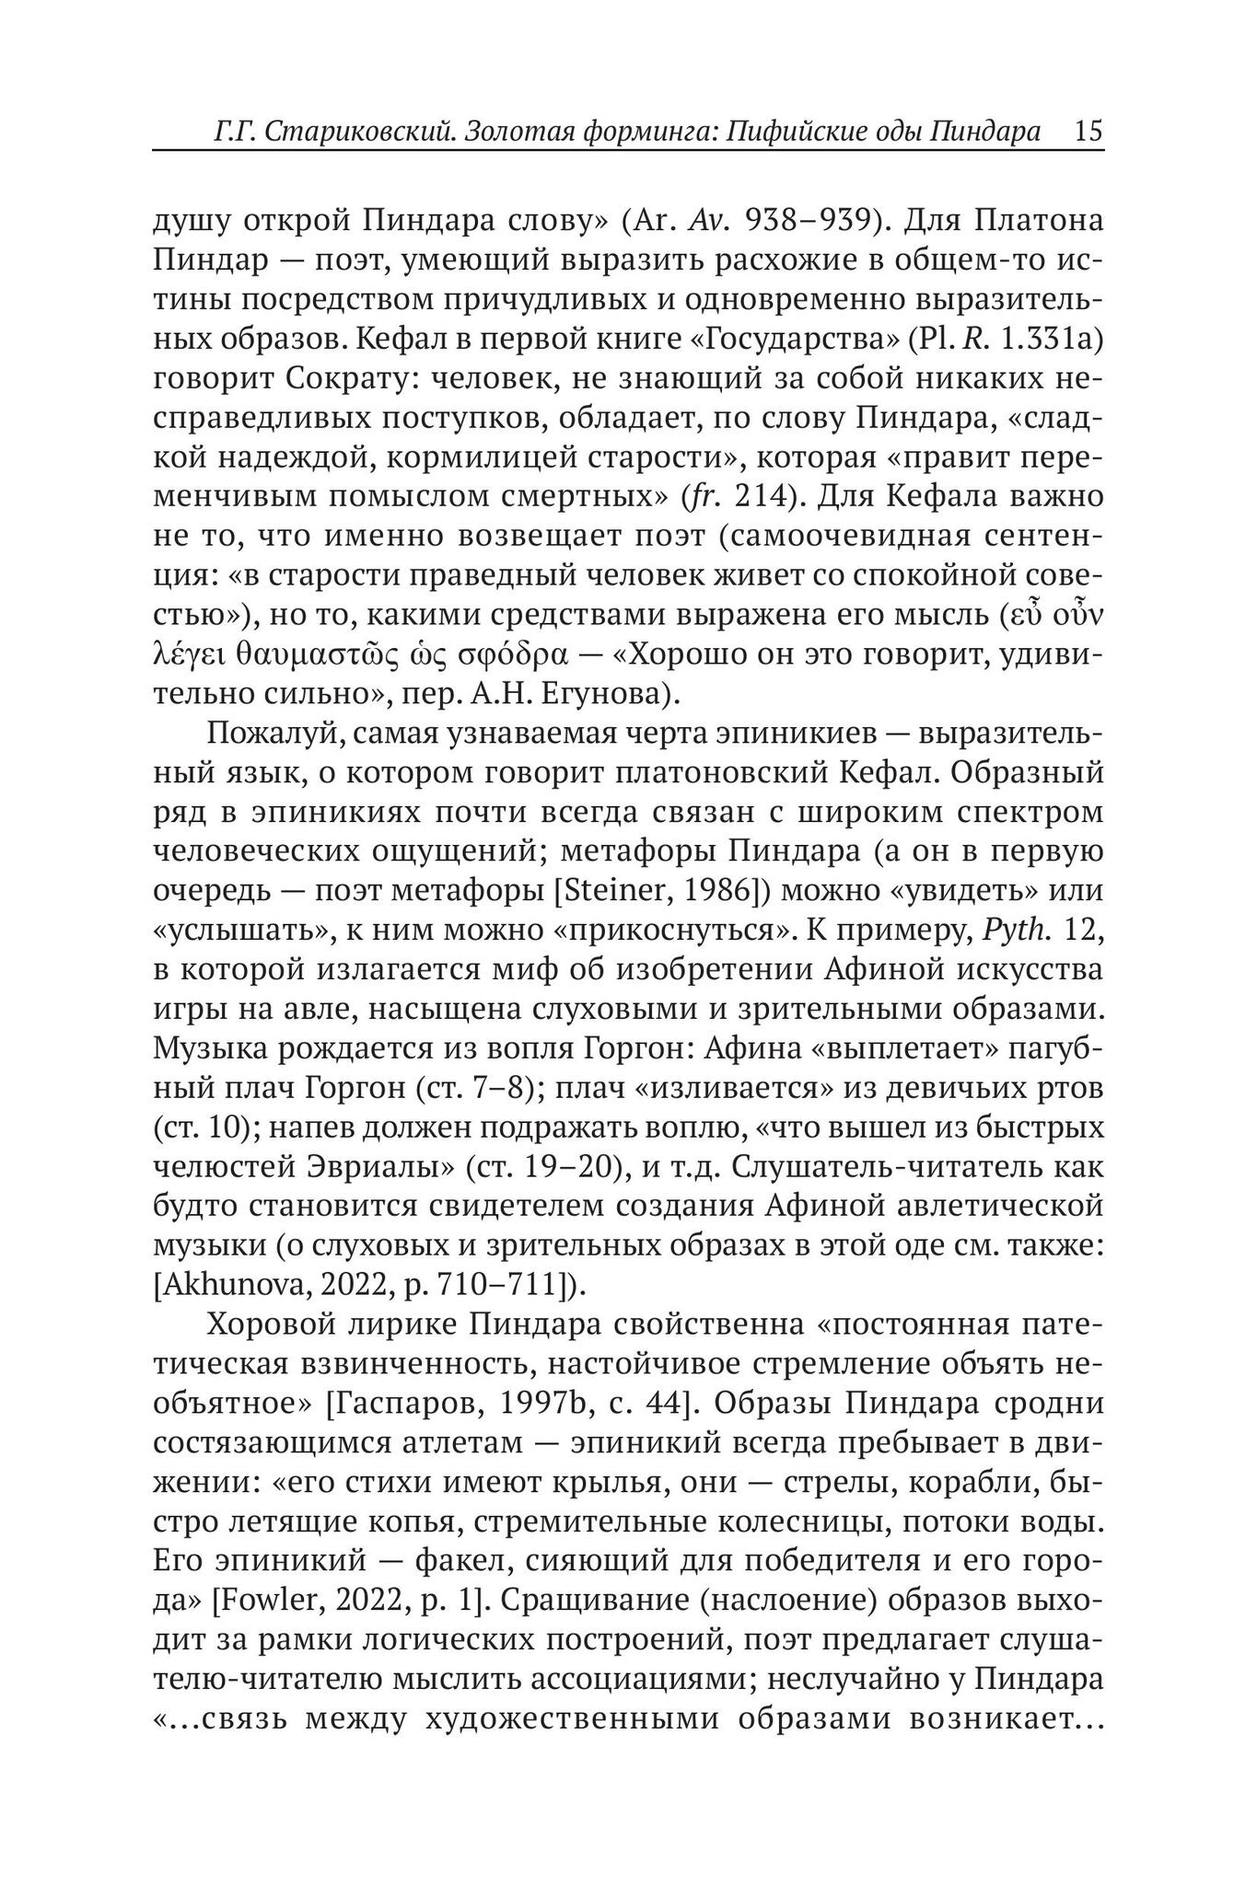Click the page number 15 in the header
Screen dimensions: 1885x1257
coord(1088,132)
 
